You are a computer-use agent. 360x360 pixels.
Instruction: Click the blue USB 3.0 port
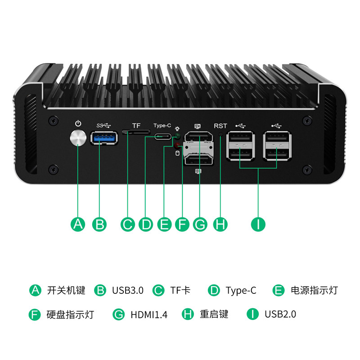[104, 138]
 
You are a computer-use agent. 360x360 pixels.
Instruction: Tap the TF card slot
[136, 132]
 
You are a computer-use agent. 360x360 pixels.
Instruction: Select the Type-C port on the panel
[163, 136]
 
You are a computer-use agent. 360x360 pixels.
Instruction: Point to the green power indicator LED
[177, 135]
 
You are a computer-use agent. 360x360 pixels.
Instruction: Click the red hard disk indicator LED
[177, 145]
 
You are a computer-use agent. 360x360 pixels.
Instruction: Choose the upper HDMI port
[198, 137]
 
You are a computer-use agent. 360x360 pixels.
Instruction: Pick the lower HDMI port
[198, 160]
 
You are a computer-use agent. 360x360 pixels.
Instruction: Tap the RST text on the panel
[220, 126]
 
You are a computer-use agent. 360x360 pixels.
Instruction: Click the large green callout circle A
[78, 224]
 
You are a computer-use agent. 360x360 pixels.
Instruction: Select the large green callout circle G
[200, 224]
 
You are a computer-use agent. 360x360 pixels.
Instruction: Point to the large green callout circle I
[258, 224]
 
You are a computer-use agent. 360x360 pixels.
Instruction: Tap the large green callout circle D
[146, 224]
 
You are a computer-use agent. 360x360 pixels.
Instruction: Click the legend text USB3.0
[128, 290]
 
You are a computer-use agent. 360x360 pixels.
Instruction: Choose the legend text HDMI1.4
[149, 315]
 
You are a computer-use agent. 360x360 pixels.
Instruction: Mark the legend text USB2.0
[280, 314]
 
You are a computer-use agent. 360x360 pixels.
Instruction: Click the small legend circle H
[188, 314]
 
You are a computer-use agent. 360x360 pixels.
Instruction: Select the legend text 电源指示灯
[314, 290]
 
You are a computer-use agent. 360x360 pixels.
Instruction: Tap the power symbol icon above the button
[78, 123]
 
